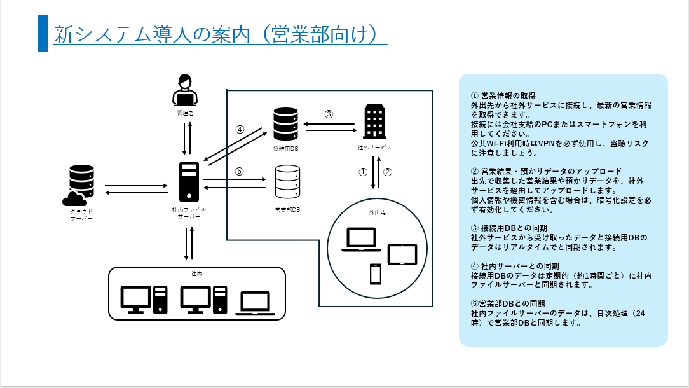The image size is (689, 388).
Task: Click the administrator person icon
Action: (184, 90)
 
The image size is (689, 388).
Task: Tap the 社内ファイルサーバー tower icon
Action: (189, 182)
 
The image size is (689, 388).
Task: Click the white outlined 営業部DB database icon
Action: (287, 183)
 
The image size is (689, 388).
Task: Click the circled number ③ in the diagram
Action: (329, 114)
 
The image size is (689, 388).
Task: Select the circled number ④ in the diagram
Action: (240, 129)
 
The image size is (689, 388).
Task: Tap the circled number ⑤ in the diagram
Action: (239, 171)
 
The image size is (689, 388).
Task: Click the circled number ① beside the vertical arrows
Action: (363, 172)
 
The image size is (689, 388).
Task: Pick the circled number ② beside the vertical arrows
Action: (388, 172)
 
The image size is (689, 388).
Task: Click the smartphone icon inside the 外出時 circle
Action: (376, 274)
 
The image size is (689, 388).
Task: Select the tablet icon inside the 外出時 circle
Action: (402, 254)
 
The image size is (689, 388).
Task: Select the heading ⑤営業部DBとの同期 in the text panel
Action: (507, 303)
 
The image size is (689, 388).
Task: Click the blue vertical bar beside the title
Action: (43, 33)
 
